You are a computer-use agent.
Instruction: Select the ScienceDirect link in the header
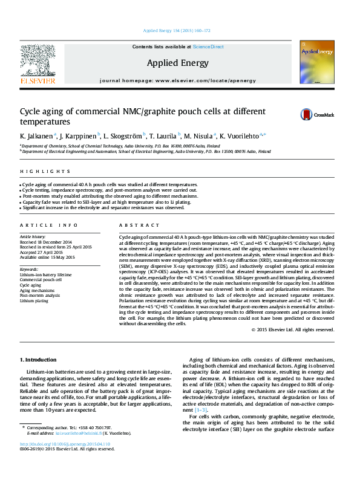pyautogui.click(x=208, y=47)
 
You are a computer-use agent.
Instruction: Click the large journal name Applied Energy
pyautogui.click(x=177, y=63)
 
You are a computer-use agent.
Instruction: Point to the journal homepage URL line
pyautogui.click(x=177, y=80)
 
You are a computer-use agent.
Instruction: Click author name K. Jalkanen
pyautogui.click(x=36, y=137)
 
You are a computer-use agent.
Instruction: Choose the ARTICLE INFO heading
pyautogui.click(x=45, y=225)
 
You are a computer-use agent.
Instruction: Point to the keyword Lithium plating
pyautogui.click(x=34, y=300)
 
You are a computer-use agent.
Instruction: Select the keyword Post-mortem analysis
pyautogui.click(x=40, y=296)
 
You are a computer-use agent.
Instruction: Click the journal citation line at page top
pyautogui.click(x=177, y=30)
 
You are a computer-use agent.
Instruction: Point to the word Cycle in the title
pyautogui.click(x=30, y=112)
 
